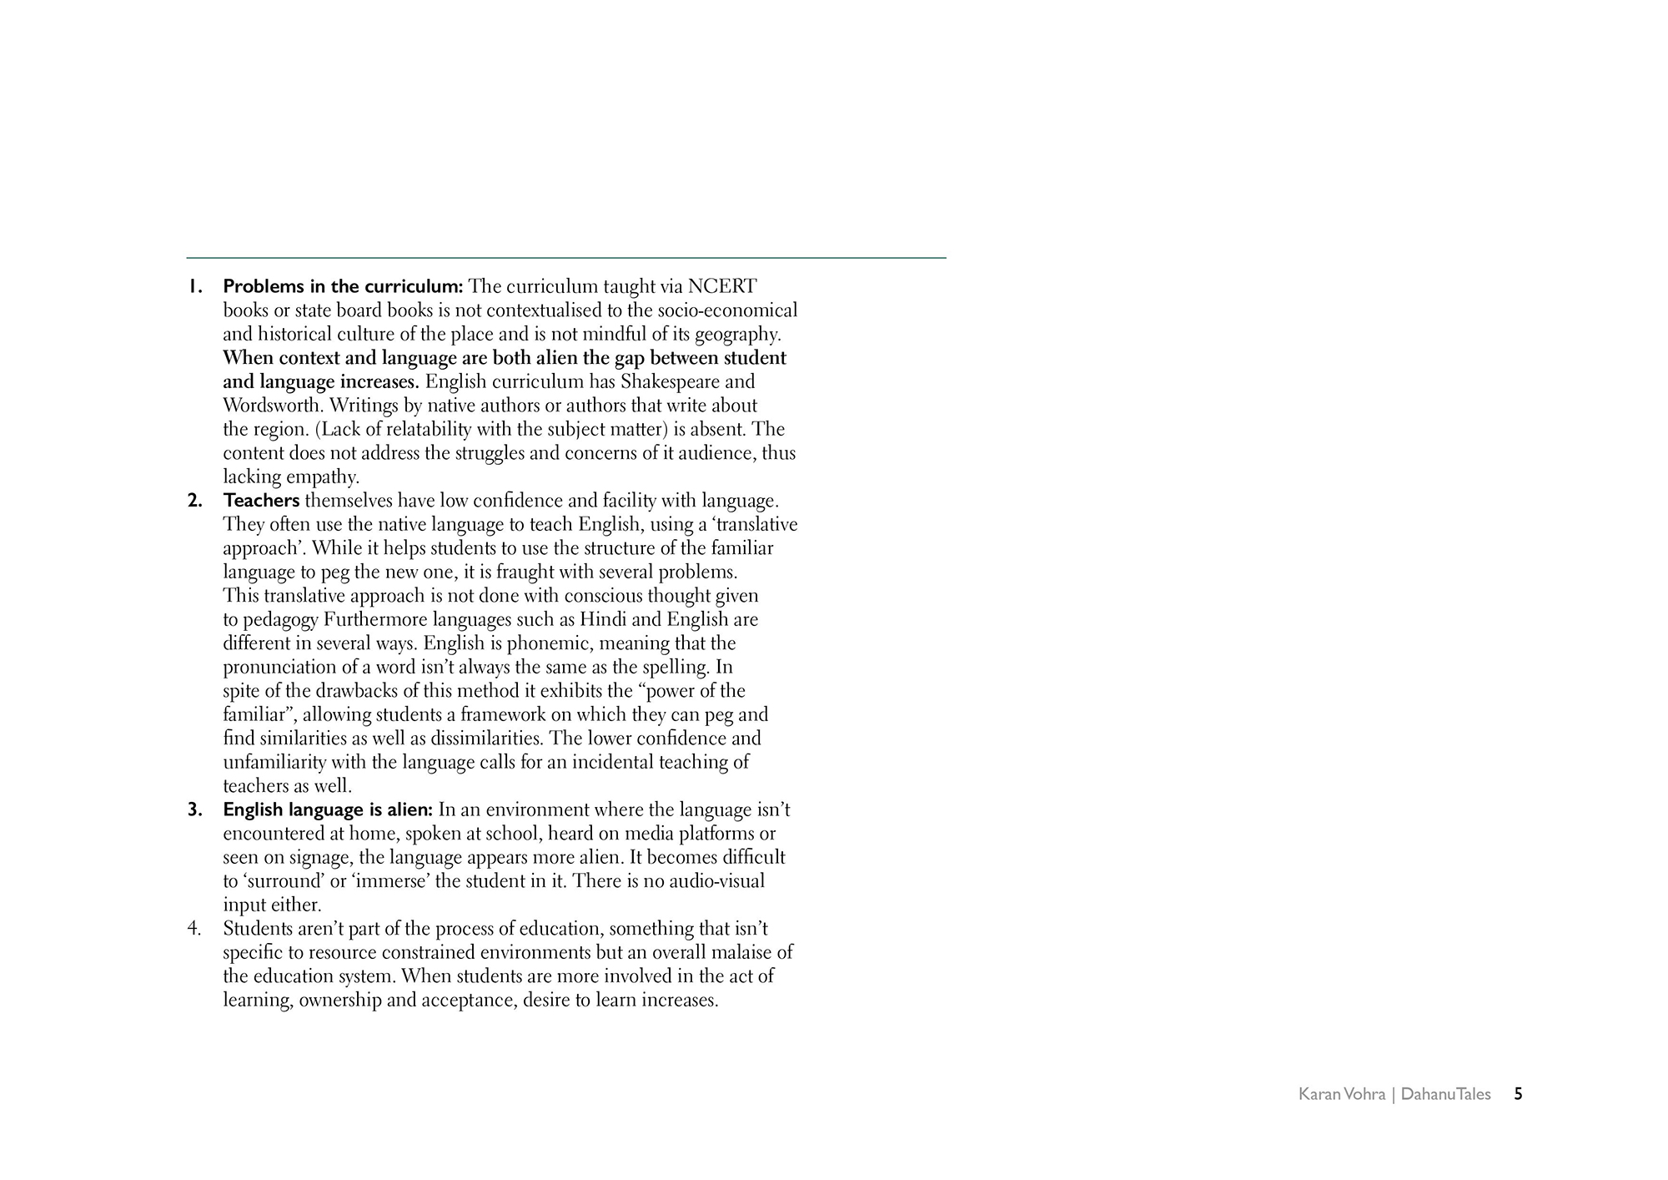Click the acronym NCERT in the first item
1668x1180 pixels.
tap(722, 287)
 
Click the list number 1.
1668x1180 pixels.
tap(194, 287)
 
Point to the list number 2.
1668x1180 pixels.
tap(195, 502)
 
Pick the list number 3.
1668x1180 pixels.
tap(195, 810)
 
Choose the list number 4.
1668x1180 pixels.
tap(194, 929)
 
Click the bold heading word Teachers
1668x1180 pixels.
tap(261, 502)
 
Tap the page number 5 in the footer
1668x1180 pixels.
tap(1518, 1094)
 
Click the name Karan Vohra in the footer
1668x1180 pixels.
tap(1341, 1094)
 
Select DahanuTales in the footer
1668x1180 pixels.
tap(1445, 1094)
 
